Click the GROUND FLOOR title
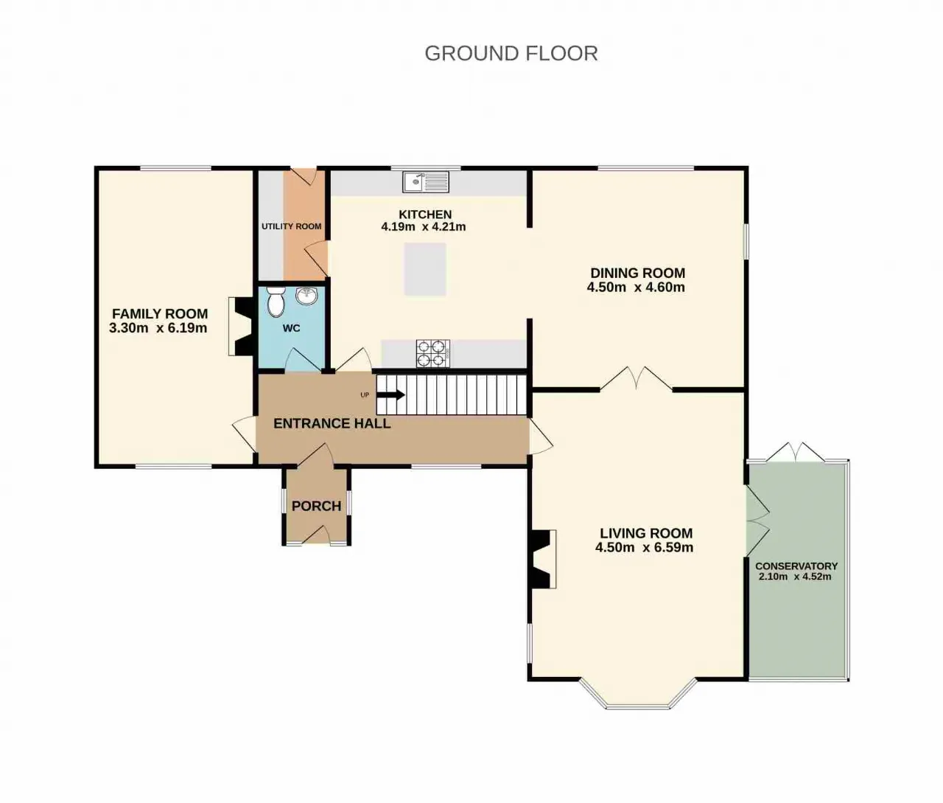[x=511, y=53]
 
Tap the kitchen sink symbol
[x=426, y=181]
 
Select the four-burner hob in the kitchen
[x=433, y=353]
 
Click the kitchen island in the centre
[x=425, y=269]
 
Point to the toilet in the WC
[x=276, y=302]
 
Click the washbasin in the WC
[x=307, y=296]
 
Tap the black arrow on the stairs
[x=390, y=395]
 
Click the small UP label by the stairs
[x=365, y=395]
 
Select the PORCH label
[x=317, y=507]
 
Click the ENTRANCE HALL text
[x=332, y=424]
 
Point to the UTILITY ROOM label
[x=292, y=226]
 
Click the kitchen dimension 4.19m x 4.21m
[x=424, y=226]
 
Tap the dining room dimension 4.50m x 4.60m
[x=636, y=287]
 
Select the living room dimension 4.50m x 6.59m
[x=644, y=547]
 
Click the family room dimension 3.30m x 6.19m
[x=158, y=328]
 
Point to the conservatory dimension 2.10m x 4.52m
[x=795, y=577]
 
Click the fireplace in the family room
[x=241, y=327]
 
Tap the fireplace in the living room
[x=543, y=559]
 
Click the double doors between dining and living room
[x=636, y=378]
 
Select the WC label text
[x=292, y=328]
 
